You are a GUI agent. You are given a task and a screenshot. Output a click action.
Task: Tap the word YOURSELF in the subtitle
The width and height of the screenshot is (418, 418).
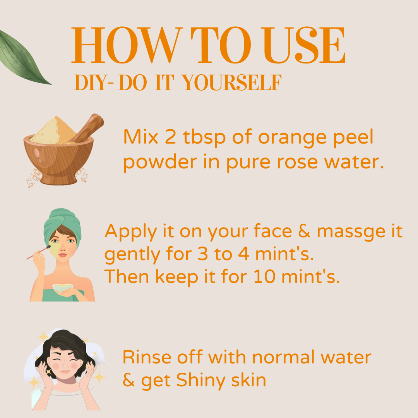coord(231,82)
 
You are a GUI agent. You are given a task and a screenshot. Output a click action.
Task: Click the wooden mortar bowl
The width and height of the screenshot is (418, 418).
coord(58,160)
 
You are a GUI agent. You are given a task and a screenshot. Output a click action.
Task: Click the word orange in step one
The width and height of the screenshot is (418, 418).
coord(292,139)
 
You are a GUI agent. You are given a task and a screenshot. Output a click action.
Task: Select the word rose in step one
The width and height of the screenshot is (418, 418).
coord(297,162)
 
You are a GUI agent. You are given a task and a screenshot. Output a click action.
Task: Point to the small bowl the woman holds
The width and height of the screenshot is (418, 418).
coord(63,288)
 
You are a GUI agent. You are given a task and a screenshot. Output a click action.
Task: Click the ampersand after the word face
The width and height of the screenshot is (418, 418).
coord(304,231)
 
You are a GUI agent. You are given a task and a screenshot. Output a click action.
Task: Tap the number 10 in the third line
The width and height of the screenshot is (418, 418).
coord(264,276)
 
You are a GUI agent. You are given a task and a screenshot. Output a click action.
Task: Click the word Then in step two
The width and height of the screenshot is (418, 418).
coord(126,276)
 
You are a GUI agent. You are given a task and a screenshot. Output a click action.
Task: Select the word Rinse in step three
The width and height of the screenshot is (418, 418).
coord(147,357)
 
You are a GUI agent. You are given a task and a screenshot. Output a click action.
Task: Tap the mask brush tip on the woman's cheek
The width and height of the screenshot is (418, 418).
coord(49,247)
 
